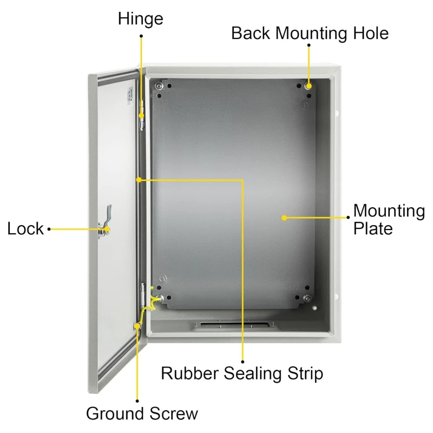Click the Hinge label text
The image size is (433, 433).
[x=141, y=19]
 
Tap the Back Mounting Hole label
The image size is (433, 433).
[x=310, y=33]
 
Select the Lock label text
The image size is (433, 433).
[x=25, y=228]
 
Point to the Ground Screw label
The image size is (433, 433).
[x=142, y=414]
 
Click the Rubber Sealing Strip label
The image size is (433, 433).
[x=242, y=373]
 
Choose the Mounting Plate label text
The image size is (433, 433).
[x=389, y=220]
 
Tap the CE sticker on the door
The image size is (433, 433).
[x=130, y=96]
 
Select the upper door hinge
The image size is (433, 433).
[x=142, y=115]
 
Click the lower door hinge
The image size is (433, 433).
[x=143, y=295]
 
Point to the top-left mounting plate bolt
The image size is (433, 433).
[x=159, y=86]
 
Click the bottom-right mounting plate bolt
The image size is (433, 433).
[x=307, y=298]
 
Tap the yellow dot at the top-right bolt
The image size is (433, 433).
[x=309, y=86]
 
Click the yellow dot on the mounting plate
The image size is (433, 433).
[x=284, y=218]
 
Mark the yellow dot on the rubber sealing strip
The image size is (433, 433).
[x=139, y=180]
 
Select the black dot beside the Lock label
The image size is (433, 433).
[x=49, y=229]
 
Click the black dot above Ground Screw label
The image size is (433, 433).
[x=137, y=401]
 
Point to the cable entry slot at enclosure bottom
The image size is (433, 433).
[x=235, y=325]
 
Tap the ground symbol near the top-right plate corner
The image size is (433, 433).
[x=305, y=105]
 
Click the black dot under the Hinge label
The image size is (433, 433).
[x=141, y=36]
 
